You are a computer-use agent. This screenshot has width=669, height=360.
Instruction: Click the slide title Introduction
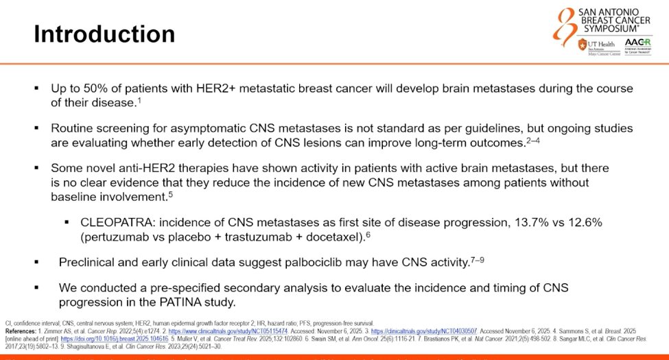pyautogui.click(x=104, y=34)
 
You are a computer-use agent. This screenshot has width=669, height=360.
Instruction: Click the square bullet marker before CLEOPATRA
pyautogui.click(x=67, y=223)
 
